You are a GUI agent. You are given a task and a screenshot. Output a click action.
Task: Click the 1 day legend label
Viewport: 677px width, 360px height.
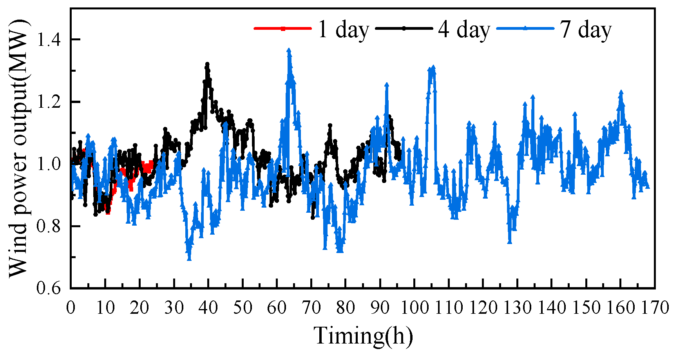click(344, 29)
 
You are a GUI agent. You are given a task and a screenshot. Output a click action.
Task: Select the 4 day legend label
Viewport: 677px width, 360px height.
click(464, 29)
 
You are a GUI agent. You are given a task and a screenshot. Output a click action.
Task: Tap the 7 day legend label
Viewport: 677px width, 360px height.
click(585, 29)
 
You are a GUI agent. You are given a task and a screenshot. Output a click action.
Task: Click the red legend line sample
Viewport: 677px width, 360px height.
click(282, 28)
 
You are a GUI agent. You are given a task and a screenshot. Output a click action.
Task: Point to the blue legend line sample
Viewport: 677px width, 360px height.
click(525, 28)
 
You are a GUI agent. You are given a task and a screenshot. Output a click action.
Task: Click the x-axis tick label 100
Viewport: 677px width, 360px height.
click(415, 308)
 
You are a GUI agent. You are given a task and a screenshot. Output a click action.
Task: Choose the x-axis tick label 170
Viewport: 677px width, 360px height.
click(655, 308)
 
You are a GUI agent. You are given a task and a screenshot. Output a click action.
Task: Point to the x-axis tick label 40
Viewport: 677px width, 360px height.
click(208, 308)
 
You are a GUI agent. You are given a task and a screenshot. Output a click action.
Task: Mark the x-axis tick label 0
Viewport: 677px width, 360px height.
click(71, 308)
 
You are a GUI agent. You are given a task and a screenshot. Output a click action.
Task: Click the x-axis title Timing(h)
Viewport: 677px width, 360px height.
click(363, 336)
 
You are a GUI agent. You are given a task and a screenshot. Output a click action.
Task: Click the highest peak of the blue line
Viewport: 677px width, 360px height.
click(289, 50)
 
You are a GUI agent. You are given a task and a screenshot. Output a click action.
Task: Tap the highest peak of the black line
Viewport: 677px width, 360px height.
click(207, 63)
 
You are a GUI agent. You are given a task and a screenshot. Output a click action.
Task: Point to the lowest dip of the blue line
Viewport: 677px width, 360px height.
click(189, 259)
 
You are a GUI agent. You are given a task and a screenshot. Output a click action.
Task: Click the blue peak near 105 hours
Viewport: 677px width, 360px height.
click(433, 67)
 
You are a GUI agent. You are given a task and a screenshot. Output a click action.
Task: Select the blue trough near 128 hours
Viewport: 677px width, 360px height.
click(510, 242)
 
